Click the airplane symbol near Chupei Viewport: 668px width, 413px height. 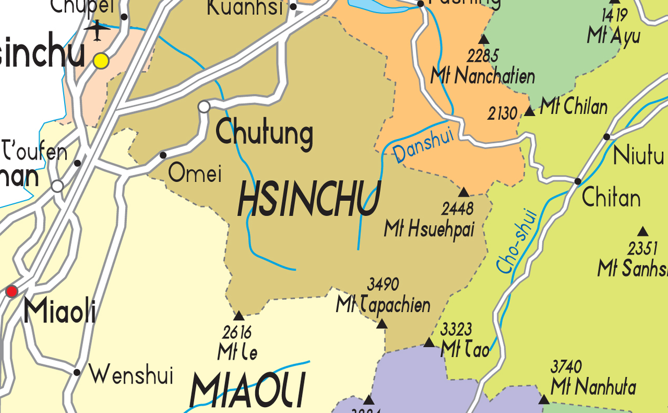97,30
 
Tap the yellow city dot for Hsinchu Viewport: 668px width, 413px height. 101,61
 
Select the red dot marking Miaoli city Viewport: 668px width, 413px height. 12,291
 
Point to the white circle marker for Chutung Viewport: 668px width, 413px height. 204,107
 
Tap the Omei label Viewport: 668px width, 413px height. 195,173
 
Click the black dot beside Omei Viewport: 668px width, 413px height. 163,155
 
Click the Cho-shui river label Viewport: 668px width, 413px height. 517,242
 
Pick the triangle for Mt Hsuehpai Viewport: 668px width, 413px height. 464,192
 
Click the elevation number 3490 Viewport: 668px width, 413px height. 383,284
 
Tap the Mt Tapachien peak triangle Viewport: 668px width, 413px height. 382,323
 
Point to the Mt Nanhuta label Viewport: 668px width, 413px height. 593,388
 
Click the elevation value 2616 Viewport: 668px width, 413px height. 237,333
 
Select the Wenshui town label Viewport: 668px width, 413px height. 131,375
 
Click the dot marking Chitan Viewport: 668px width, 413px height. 578,181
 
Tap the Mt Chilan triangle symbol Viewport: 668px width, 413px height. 529,112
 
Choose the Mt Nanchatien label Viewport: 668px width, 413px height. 482,76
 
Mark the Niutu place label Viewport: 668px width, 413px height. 639,156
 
